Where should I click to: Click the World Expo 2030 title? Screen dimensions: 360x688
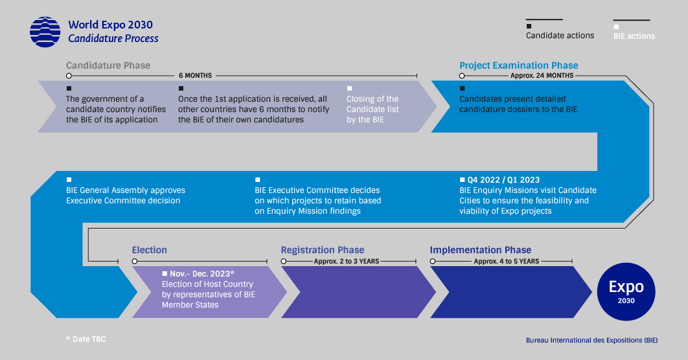110,25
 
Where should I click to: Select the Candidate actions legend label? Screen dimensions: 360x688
560,36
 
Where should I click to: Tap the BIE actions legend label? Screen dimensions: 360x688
634,36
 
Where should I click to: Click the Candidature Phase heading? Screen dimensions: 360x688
108,65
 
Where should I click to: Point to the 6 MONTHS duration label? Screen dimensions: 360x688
195,76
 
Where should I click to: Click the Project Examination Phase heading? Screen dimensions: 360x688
518,65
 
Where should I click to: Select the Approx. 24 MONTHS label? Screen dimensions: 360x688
542,76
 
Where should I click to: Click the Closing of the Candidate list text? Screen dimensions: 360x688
373,109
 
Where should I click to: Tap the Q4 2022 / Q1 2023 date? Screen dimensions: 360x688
503,180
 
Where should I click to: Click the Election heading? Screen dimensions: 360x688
149,250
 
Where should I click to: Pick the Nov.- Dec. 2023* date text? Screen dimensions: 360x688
202,274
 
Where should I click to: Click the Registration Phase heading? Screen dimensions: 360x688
322,250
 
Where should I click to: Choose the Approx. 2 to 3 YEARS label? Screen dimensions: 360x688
347,262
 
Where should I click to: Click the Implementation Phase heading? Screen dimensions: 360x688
480,250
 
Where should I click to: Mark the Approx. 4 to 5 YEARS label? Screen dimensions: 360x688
506,262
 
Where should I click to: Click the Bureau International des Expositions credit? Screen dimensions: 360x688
591,340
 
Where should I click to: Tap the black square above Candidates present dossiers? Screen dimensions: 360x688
462,88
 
